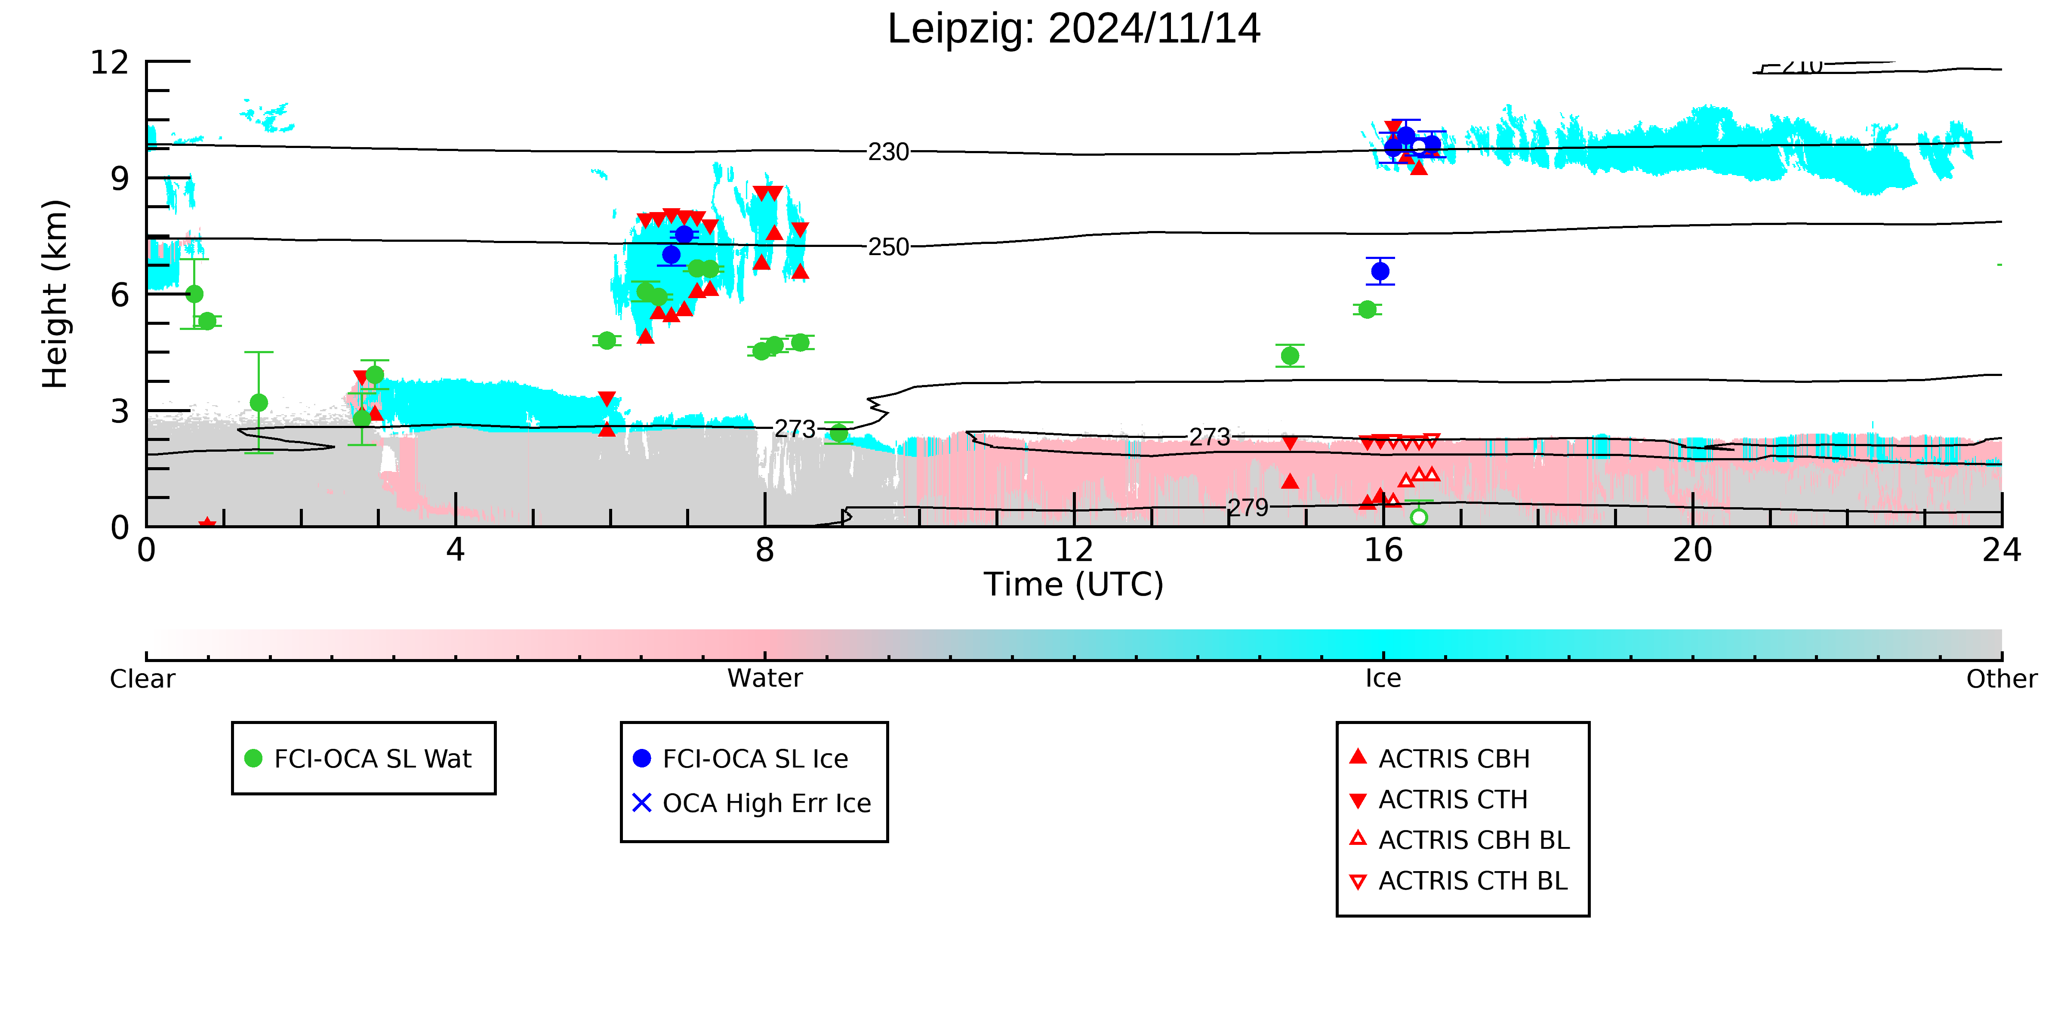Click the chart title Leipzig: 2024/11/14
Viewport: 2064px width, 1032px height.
click(1074, 29)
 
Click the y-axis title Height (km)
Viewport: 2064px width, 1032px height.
click(55, 294)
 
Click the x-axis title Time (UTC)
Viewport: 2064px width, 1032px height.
click(1074, 584)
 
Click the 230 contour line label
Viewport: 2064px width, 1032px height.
click(889, 151)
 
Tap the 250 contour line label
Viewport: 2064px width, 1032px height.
click(889, 247)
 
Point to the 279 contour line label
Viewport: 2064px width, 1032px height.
click(1248, 507)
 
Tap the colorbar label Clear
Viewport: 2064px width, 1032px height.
click(143, 679)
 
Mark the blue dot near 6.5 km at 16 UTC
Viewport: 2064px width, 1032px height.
click(1380, 271)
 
